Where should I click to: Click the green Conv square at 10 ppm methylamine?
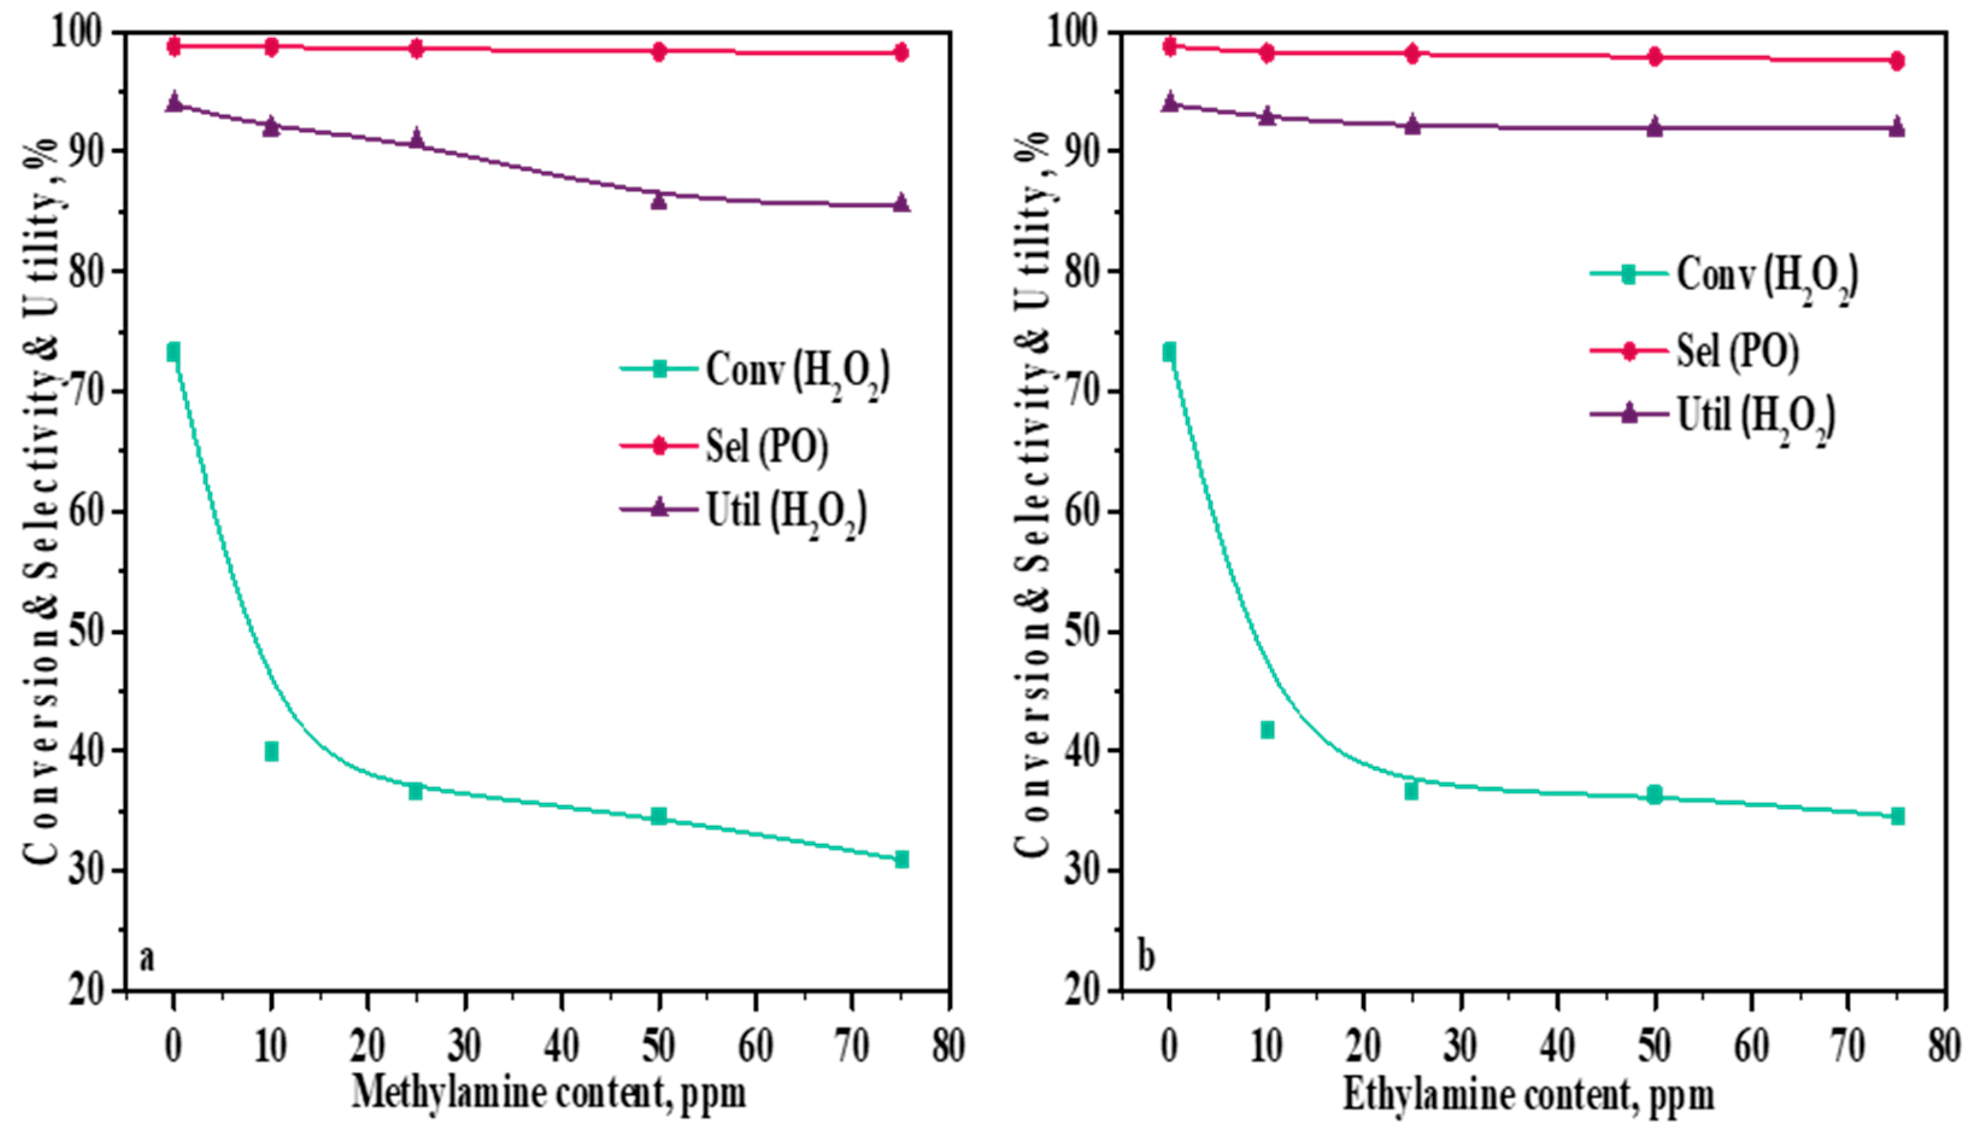point(271,752)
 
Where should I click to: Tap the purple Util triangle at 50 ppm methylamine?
point(659,201)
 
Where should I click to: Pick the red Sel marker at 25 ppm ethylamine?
point(1411,54)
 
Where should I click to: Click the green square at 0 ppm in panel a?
point(174,352)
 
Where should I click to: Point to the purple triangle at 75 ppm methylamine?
point(901,203)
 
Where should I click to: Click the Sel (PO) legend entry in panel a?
point(725,446)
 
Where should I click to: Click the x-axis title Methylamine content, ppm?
point(549,1093)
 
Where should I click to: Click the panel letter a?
point(146,958)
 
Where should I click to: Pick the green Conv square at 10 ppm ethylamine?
point(1267,730)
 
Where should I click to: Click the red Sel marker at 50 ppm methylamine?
point(659,52)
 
